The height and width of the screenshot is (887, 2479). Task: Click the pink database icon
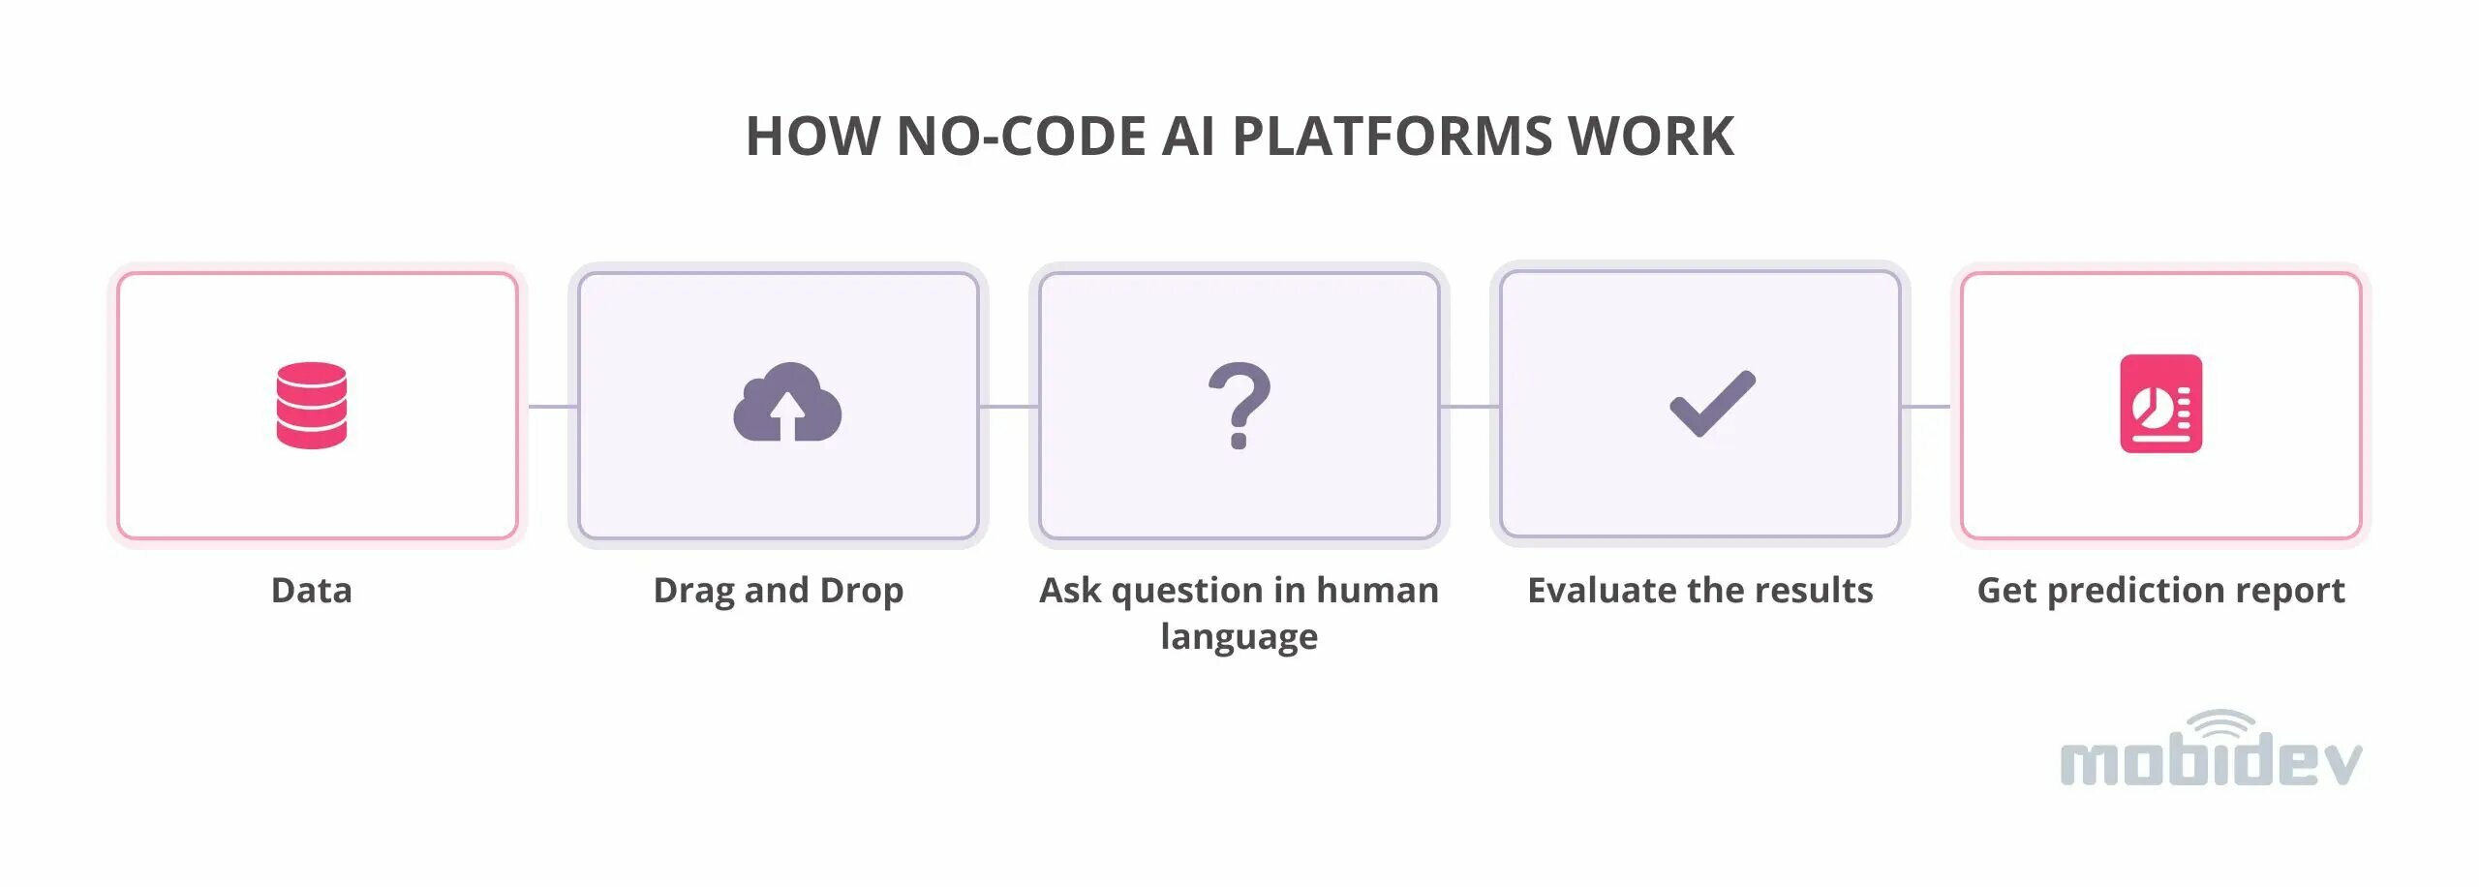[x=311, y=405]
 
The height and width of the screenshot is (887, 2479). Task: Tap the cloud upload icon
[x=787, y=404]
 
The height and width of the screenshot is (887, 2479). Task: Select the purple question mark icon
[x=1239, y=405]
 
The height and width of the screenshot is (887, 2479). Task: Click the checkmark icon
[x=1712, y=404]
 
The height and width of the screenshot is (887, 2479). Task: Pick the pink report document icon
[x=2160, y=404]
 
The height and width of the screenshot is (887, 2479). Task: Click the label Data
[x=311, y=590]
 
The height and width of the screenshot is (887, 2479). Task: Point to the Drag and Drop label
[x=778, y=590]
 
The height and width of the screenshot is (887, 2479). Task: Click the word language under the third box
[x=1239, y=636]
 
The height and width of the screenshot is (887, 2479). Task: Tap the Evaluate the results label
[x=1699, y=590]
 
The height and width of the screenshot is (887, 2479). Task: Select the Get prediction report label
[x=2160, y=590]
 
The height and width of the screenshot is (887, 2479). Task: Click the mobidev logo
[x=2210, y=761]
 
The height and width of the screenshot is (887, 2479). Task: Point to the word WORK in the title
[x=1651, y=136]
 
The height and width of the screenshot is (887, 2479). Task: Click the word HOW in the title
[x=812, y=136]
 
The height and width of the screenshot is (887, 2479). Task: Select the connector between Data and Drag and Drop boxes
[x=552, y=407]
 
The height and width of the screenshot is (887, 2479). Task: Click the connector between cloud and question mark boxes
[x=1009, y=407]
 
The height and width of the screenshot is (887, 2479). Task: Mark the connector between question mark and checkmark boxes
[x=1470, y=407]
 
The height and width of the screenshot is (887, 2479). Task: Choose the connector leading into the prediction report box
[x=1927, y=407]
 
